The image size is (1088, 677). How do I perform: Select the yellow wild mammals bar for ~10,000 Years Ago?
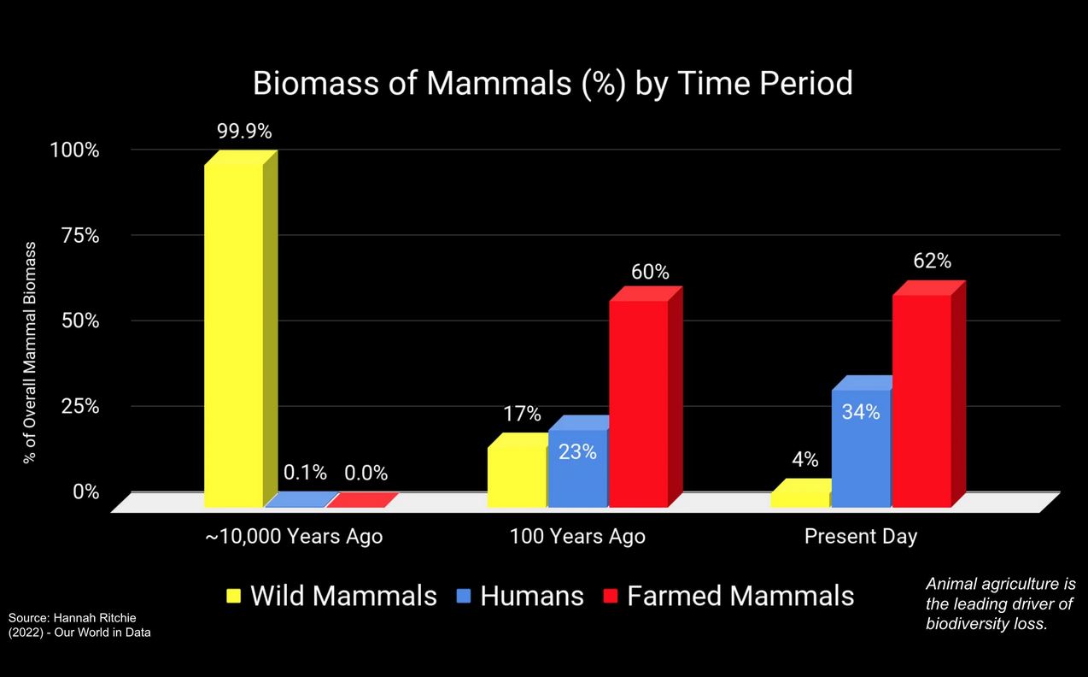pyautogui.click(x=241, y=328)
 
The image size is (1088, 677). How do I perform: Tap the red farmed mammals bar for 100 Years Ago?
pyautogui.click(x=646, y=397)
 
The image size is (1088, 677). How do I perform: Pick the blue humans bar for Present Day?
pyautogui.click(x=862, y=442)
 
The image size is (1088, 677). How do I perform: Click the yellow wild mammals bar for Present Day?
pyautogui.click(x=800, y=493)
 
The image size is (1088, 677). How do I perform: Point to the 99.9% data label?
pyautogui.click(x=244, y=132)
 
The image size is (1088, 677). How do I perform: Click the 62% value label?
pyautogui.click(x=932, y=261)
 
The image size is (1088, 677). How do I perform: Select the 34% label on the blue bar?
pyautogui.click(x=861, y=412)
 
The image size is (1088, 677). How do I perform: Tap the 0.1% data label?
pyautogui.click(x=305, y=473)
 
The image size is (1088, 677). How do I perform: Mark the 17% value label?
pyautogui.click(x=522, y=414)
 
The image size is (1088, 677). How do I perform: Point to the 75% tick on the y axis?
pyautogui.click(x=80, y=236)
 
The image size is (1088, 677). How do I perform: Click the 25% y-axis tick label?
pyautogui.click(x=80, y=406)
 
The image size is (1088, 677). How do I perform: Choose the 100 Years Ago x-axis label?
pyautogui.click(x=577, y=537)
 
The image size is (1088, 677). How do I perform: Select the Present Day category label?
pyautogui.click(x=861, y=537)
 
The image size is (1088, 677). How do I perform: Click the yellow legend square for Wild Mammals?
pyautogui.click(x=234, y=596)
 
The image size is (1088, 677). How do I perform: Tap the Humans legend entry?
pyautogui.click(x=520, y=596)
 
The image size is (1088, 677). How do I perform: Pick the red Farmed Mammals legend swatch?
pyautogui.click(x=610, y=596)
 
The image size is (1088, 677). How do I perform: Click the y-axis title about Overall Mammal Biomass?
pyautogui.click(x=30, y=352)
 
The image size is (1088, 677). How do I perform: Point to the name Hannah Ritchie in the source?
pyautogui.click(x=95, y=618)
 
